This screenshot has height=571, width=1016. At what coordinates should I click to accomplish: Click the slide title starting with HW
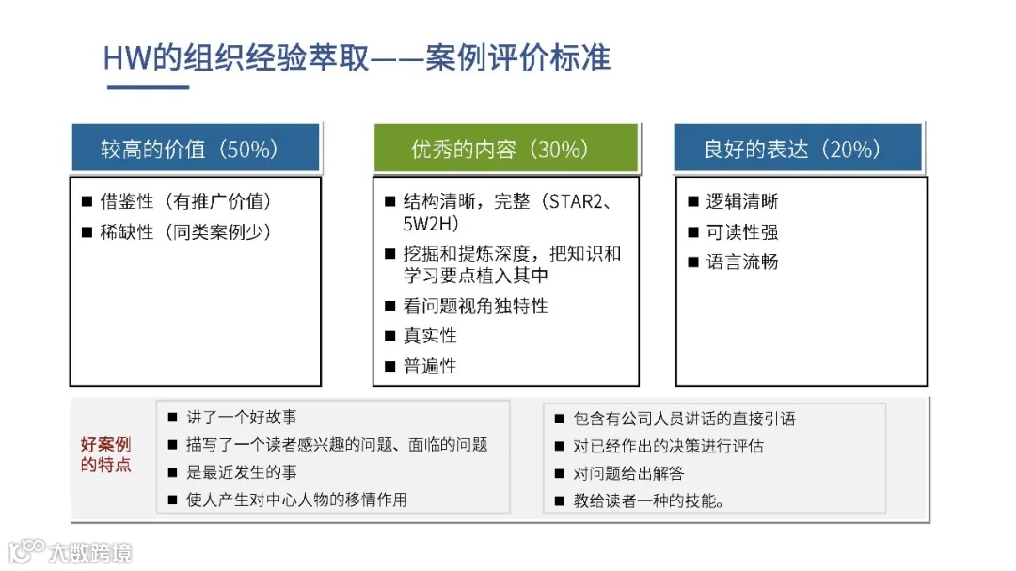(357, 58)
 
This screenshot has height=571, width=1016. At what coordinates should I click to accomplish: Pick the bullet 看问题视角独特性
(475, 306)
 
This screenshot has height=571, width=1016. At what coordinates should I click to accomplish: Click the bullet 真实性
(430, 336)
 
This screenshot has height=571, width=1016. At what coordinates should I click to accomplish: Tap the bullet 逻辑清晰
(742, 201)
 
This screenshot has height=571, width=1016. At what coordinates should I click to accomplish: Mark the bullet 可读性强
(742, 231)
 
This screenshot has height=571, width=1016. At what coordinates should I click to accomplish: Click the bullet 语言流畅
(742, 262)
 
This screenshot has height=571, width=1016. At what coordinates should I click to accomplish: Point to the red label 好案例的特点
(106, 454)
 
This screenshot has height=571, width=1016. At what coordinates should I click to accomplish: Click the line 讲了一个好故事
(242, 417)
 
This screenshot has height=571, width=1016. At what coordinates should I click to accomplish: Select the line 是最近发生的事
(242, 472)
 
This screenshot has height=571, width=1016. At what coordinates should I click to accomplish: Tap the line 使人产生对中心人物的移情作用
(296, 500)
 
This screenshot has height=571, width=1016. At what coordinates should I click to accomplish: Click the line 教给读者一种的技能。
(648, 500)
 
